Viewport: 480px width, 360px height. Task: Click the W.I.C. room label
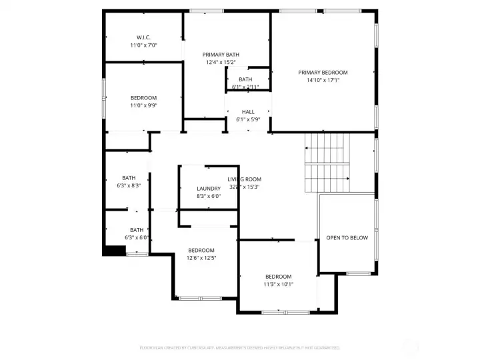coord(143,37)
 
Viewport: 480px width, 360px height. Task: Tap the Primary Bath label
coord(221,54)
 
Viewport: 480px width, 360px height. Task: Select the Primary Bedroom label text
coord(323,72)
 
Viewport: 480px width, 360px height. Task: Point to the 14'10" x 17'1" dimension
coord(323,80)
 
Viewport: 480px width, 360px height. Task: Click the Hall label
coord(248,112)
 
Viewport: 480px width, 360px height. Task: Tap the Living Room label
coord(245,179)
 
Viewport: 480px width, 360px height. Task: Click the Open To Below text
coord(347,237)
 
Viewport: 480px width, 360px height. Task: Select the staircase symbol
coord(327,162)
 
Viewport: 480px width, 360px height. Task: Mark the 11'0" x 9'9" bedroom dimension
coord(143,105)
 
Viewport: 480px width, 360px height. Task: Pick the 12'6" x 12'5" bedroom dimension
coord(201,258)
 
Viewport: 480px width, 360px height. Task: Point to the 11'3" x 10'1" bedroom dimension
coord(278,284)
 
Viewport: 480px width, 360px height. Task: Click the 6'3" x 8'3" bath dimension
coord(129,185)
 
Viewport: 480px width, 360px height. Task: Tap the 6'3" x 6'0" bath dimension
coord(136,238)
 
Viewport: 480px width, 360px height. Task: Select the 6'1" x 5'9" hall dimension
coord(248,120)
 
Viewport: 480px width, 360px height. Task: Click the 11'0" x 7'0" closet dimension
coord(143,45)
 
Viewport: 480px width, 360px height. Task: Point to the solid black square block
coord(114,250)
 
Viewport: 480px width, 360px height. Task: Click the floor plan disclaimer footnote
coord(239,347)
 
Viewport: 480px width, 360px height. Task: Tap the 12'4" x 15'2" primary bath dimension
coord(221,62)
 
